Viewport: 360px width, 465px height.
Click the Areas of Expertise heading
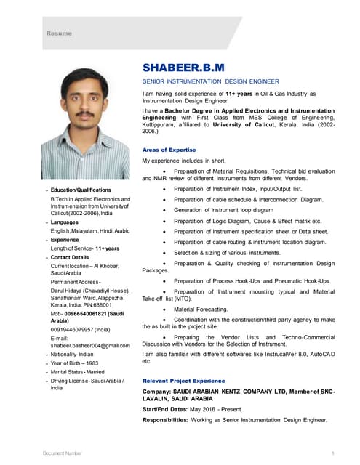click(169, 149)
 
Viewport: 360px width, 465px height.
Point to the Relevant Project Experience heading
click(183, 381)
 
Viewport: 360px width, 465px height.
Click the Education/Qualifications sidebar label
click(81, 190)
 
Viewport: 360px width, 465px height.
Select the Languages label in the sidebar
click(67, 221)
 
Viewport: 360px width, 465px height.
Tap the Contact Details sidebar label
click(70, 257)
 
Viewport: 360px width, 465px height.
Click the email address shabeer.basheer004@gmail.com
click(90, 346)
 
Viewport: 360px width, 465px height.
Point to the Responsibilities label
click(172, 421)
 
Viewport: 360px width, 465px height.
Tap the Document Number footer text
click(62, 453)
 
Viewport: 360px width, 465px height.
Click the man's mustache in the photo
click(92, 116)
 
